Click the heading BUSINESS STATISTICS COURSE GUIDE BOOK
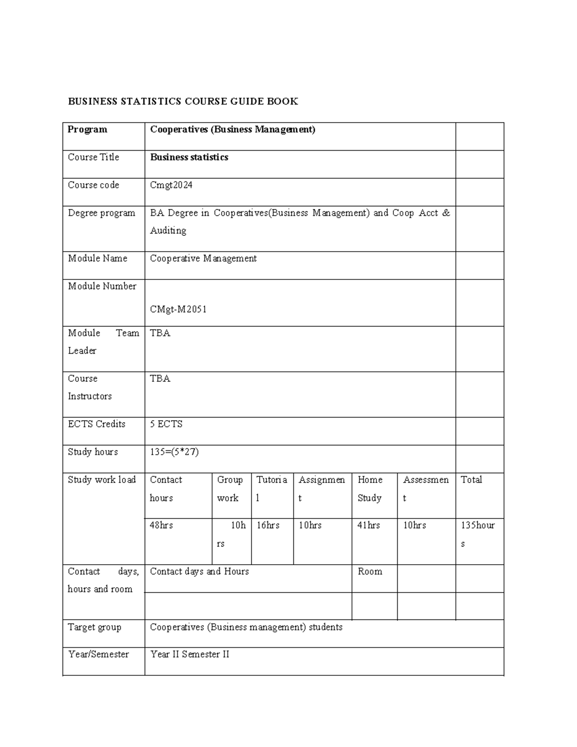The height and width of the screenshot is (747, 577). point(183,101)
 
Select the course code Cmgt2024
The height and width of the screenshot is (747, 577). point(171,185)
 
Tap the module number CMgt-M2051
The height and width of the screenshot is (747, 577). point(178,309)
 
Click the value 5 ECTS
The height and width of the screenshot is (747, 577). point(166,424)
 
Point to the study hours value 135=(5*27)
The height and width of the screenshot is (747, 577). point(174,452)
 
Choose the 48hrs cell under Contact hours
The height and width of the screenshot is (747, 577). point(161,526)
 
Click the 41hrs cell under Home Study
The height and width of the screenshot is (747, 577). point(368,526)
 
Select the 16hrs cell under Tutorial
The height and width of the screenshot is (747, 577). point(268,526)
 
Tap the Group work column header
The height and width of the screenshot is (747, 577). point(230,489)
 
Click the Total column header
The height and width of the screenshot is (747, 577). point(471,480)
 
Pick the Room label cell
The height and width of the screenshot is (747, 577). point(370,572)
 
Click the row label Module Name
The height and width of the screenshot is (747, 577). point(98,259)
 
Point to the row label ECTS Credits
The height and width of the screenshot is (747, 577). point(97,424)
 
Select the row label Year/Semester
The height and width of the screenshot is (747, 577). point(98,655)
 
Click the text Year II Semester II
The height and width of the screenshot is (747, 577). point(189,655)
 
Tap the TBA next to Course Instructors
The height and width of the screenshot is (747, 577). point(160,379)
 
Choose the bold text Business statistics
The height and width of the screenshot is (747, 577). point(189,157)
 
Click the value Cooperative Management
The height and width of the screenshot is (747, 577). point(203,259)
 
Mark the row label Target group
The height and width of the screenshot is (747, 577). point(94,628)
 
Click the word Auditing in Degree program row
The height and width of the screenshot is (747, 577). point(168,231)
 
